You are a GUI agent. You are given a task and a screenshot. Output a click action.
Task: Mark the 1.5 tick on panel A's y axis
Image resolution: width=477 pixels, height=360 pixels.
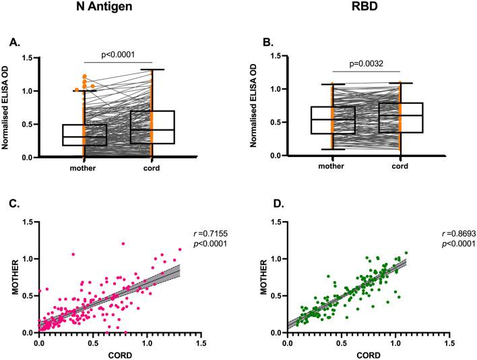point(30,58)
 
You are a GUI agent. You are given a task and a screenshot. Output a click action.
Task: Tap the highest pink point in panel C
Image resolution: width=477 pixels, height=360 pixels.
point(123,243)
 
